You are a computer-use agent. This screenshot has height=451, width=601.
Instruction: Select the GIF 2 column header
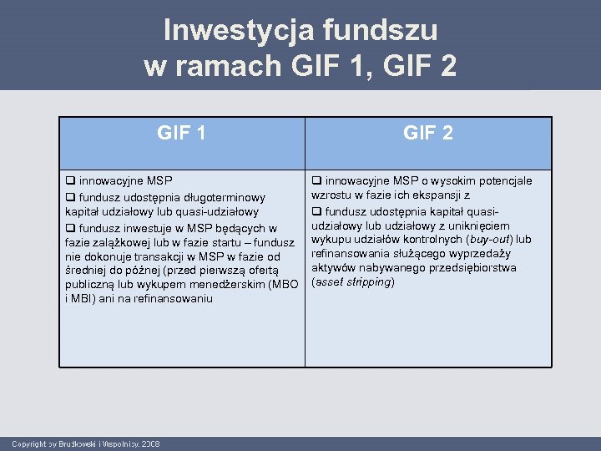[428, 132]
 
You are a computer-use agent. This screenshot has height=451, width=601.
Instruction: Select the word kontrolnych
[419, 239]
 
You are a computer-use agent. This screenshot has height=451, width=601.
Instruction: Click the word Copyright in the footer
[30, 443]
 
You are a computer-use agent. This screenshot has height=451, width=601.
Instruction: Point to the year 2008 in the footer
[151, 443]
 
